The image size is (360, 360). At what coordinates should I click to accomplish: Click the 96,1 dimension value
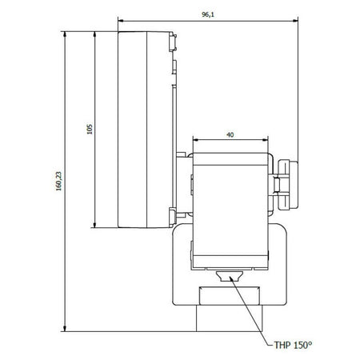(208, 14)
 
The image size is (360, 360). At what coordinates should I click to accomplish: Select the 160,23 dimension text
(58, 181)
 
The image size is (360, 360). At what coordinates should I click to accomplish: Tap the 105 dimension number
(90, 129)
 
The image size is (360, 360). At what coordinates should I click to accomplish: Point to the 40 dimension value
(230, 135)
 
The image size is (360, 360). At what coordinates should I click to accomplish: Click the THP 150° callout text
(293, 345)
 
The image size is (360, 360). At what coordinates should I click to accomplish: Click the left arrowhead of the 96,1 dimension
(121, 20)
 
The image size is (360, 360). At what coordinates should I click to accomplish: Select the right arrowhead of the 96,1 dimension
(295, 20)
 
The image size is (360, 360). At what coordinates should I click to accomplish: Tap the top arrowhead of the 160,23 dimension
(65, 34)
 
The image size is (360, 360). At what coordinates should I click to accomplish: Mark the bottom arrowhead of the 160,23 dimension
(65, 329)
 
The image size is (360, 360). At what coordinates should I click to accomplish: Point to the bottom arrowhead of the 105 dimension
(94, 225)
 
